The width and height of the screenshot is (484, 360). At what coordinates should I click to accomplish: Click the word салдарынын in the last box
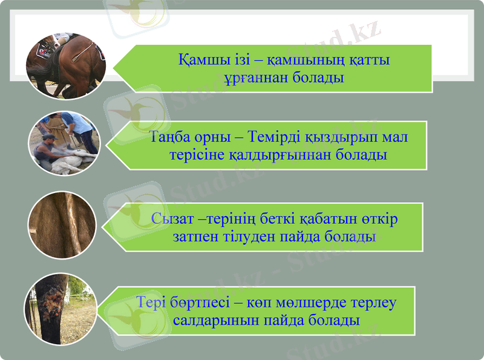214,319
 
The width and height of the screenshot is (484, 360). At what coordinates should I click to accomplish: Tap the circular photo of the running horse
66,65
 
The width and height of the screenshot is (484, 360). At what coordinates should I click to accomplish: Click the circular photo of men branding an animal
64,143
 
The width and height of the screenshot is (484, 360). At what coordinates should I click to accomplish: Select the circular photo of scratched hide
62,225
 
